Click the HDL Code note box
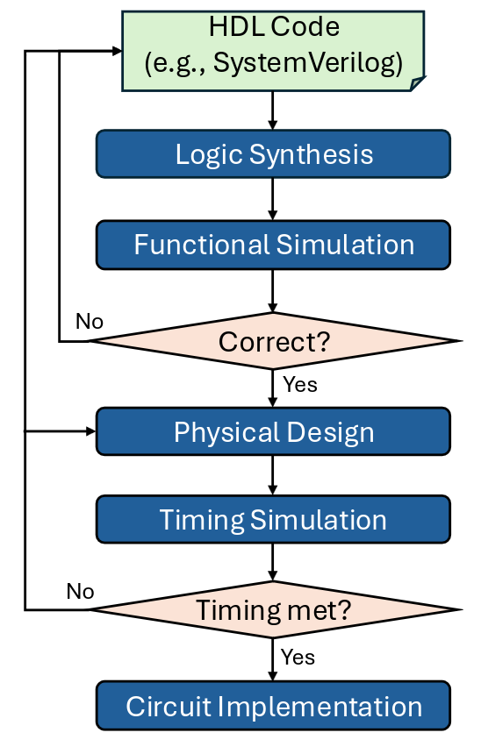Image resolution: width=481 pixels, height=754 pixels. (273, 51)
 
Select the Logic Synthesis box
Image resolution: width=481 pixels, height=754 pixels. (273, 154)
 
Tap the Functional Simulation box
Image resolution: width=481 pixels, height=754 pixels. (273, 245)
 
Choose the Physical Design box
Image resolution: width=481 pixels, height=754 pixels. (273, 431)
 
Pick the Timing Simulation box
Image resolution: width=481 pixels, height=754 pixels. (273, 519)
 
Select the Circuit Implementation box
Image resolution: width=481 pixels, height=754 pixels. (273, 706)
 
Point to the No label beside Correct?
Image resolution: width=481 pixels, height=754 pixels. (90, 321)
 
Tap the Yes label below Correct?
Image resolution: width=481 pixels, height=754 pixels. (300, 384)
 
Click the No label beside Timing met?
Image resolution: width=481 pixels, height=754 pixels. (81, 592)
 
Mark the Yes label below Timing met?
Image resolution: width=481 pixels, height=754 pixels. (298, 657)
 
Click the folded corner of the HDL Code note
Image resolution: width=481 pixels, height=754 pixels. (418, 83)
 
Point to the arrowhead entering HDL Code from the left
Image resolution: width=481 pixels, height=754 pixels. (117, 51)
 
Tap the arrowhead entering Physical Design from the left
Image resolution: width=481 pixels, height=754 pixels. (91, 431)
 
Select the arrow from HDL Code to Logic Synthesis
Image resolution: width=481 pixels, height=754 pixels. (272, 110)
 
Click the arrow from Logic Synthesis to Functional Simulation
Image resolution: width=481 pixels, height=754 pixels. (272, 199)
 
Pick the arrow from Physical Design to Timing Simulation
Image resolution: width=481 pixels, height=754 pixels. (272, 475)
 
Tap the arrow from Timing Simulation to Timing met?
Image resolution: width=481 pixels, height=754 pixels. (272, 562)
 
